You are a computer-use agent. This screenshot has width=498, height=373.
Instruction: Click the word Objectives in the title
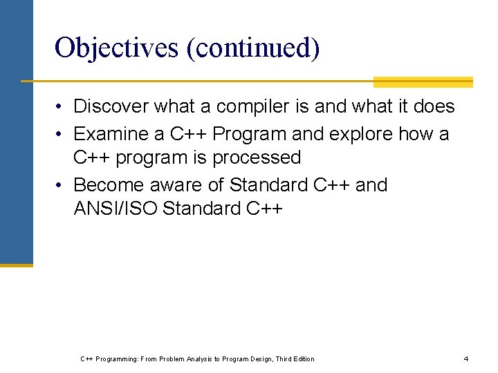click(x=115, y=48)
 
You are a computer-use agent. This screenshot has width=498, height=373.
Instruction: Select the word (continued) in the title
click(x=251, y=48)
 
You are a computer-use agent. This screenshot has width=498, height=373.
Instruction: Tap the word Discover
click(x=111, y=106)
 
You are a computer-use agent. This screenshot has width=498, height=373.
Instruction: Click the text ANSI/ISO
click(x=115, y=209)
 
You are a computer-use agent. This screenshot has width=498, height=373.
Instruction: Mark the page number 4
click(x=466, y=358)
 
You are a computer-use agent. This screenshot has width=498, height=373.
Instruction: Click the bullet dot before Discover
click(x=62, y=107)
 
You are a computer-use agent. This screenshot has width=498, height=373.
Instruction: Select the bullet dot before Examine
click(x=62, y=134)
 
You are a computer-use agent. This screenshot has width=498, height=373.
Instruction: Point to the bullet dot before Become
click(x=62, y=186)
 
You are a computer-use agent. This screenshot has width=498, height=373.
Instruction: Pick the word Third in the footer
click(x=284, y=358)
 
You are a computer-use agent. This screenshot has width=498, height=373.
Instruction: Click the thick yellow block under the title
click(x=423, y=82)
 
